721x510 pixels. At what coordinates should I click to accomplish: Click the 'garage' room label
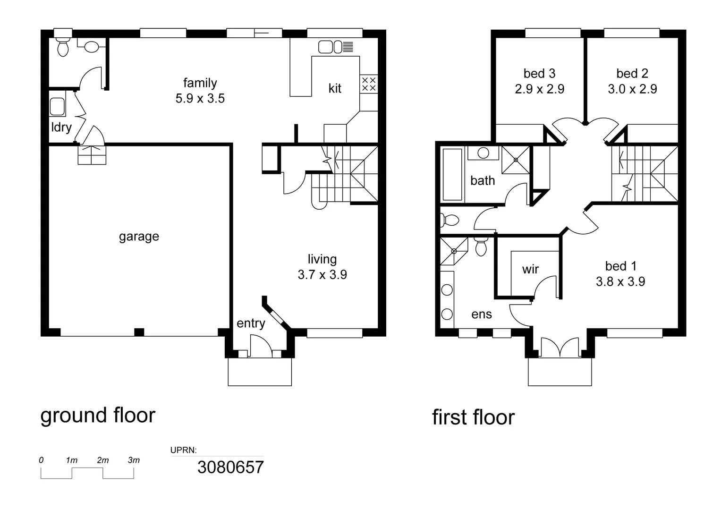pyautogui.click(x=139, y=236)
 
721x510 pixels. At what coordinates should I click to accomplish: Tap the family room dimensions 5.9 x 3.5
pyautogui.click(x=200, y=99)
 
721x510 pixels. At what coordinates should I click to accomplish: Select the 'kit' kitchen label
pyautogui.click(x=335, y=88)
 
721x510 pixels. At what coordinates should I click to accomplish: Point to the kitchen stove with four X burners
pyautogui.click(x=369, y=84)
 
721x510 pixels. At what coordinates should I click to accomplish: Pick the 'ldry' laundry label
pyautogui.click(x=61, y=127)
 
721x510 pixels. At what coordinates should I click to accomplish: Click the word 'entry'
pyautogui.click(x=251, y=323)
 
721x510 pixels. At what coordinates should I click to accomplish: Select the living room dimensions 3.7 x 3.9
pyautogui.click(x=322, y=275)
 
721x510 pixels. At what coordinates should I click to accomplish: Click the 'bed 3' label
pyautogui.click(x=539, y=74)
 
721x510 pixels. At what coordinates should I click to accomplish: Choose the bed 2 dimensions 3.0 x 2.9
pyautogui.click(x=632, y=89)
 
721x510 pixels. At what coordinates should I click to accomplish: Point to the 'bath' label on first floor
pyautogui.click(x=483, y=180)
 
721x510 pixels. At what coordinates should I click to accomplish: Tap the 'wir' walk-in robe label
pyautogui.click(x=530, y=269)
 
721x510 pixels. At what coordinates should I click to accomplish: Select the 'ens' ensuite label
pyautogui.click(x=482, y=314)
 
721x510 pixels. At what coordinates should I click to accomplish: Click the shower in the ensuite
pyautogui.click(x=454, y=251)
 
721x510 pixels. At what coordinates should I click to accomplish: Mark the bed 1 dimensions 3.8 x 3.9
pyautogui.click(x=620, y=282)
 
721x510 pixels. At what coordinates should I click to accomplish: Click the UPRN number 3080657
pyautogui.click(x=230, y=467)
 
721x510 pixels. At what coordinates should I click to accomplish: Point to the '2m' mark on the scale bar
pyautogui.click(x=103, y=460)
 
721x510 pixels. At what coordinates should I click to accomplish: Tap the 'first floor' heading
pyautogui.click(x=473, y=417)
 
